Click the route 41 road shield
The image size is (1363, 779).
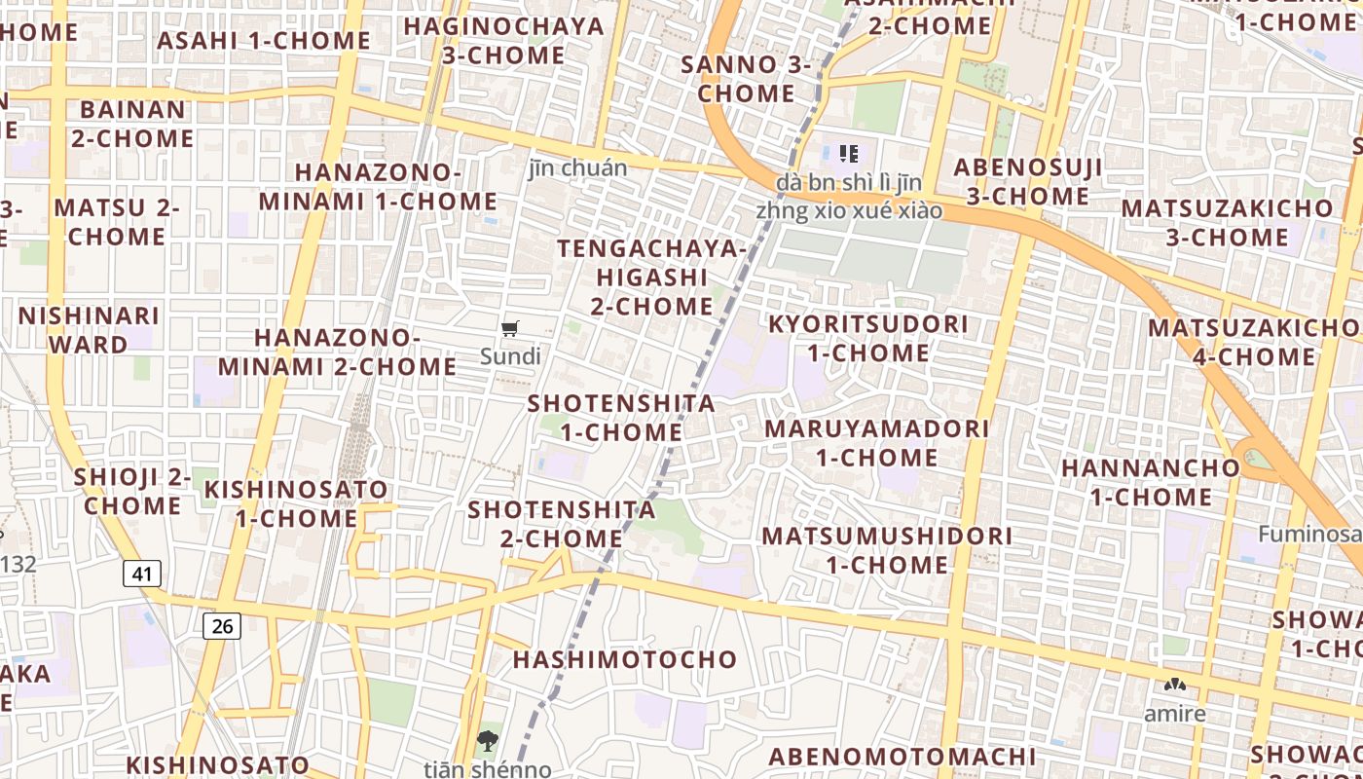point(142,574)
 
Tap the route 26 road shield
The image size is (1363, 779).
point(222,625)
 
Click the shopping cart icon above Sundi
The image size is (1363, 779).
point(510,328)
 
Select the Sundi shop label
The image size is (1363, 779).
point(510,355)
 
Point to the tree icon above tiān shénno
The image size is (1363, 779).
point(488,741)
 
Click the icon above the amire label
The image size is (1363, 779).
point(1175,686)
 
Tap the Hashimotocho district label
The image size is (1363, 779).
point(625,659)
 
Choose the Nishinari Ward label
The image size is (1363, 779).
point(89,330)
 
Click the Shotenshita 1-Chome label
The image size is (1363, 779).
point(621,417)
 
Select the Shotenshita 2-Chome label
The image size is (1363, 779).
point(562,523)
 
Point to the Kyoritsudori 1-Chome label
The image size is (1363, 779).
point(868,338)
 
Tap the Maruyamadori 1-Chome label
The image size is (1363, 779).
point(876,443)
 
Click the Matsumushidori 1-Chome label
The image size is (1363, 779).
point(887,550)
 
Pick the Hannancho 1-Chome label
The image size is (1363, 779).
point(1151,482)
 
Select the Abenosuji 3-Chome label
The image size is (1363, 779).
point(1028,181)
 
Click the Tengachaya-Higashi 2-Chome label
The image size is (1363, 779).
point(651,277)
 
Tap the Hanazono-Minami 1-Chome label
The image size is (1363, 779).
point(378,187)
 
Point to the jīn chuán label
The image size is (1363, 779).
point(578,167)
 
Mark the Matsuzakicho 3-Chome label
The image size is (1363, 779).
point(1227,222)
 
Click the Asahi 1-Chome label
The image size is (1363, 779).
point(264,41)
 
